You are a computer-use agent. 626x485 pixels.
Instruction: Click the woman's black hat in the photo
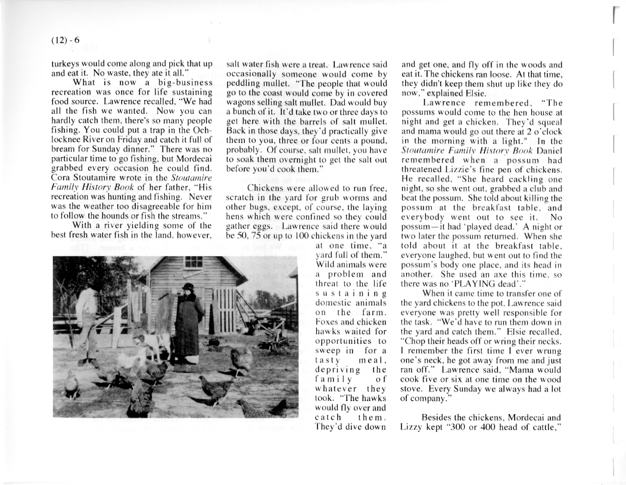[188, 287]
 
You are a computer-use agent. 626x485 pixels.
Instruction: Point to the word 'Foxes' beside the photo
[326, 322]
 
